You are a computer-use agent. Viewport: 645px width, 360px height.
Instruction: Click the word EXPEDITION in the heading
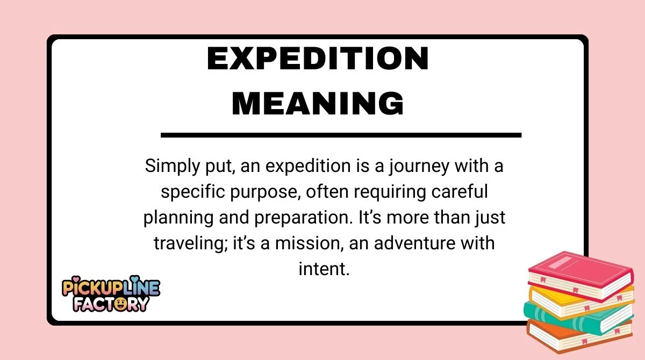click(318, 59)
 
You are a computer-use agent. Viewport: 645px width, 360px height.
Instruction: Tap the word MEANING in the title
click(318, 104)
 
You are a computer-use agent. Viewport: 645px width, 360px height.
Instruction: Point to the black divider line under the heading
click(341, 135)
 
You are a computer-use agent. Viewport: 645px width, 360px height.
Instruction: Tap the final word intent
click(324, 269)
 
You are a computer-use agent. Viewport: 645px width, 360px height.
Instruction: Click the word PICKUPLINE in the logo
click(111, 289)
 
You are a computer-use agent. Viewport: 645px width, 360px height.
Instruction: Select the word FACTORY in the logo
click(111, 304)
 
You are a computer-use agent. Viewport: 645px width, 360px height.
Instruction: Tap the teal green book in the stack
click(575, 317)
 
